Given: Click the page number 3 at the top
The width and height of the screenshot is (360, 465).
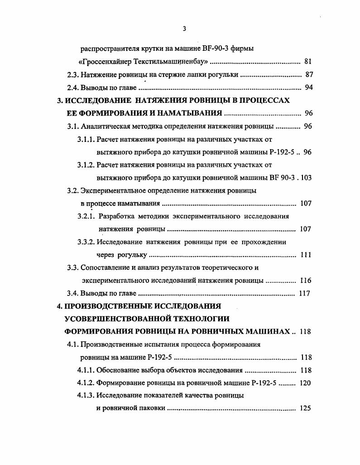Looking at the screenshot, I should [x=184, y=29].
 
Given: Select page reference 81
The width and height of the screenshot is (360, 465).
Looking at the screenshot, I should [x=308, y=61].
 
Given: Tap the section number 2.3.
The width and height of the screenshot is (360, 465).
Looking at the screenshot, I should [x=72, y=74].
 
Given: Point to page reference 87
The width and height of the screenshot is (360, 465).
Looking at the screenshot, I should [x=309, y=74].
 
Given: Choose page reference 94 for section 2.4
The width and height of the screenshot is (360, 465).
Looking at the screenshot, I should [x=309, y=87].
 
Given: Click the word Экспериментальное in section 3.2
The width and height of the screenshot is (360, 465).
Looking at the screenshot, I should [x=110, y=191].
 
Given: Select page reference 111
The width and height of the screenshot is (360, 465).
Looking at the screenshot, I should [x=306, y=255].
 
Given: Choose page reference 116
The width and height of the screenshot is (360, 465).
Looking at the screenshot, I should [x=306, y=281].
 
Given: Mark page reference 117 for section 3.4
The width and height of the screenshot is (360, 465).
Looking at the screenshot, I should [x=305, y=293].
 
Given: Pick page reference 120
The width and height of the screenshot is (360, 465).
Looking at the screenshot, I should [x=306, y=383].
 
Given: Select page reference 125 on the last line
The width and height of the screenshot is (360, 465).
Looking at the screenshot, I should [x=306, y=408].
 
